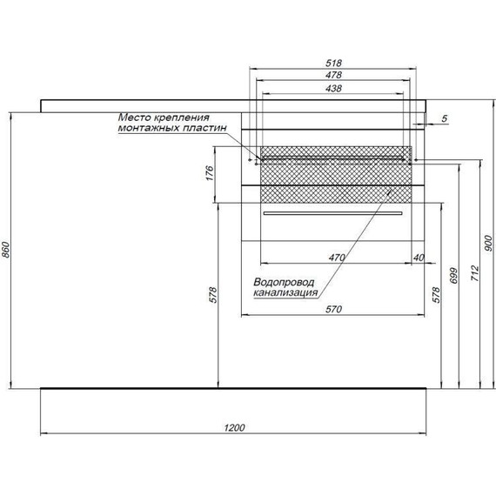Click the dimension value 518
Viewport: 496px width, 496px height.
(x=334, y=63)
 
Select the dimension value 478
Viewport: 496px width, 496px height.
(x=334, y=75)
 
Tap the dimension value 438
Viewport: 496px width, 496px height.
(x=334, y=88)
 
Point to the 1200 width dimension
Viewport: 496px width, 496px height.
(x=234, y=427)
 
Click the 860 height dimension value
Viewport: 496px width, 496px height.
(x=7, y=250)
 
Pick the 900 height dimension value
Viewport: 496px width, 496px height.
(x=488, y=244)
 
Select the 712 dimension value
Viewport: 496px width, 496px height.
(x=475, y=273)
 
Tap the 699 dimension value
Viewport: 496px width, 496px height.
(x=454, y=276)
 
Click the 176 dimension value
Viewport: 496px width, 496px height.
(x=210, y=173)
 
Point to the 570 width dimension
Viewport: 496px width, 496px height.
(x=334, y=309)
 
